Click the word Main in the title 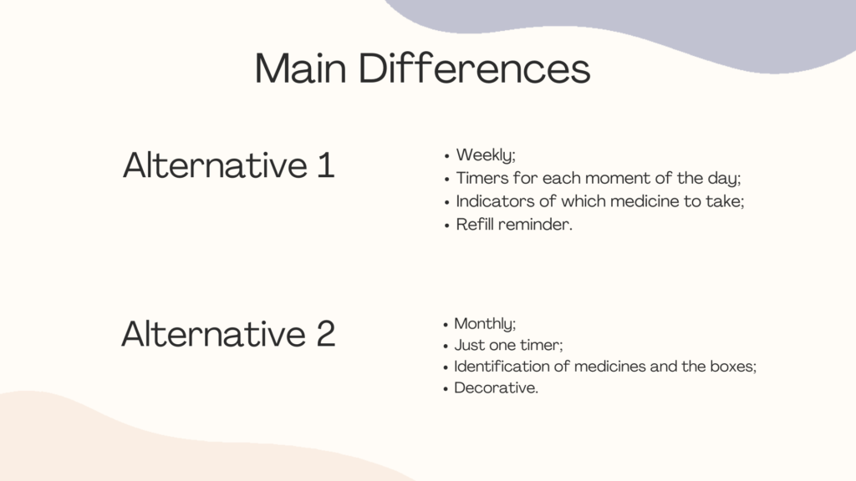coord(301,68)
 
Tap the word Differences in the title coord(475,68)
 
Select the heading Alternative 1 coord(228,165)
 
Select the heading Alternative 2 coord(228,333)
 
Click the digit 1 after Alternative coord(326,165)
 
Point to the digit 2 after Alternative coord(325,333)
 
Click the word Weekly coord(486,155)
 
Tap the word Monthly coord(484,324)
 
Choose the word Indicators coord(495,201)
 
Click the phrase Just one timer coord(507,345)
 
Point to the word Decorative coord(496,387)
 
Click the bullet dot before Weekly coord(446,156)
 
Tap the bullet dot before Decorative coord(446,389)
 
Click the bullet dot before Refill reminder coord(446,225)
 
